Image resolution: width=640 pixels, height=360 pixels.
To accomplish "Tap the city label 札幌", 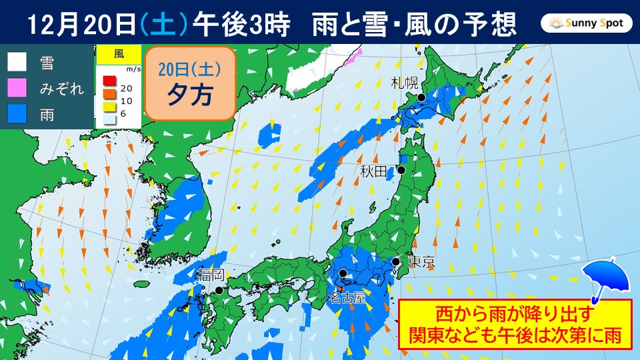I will (405, 83).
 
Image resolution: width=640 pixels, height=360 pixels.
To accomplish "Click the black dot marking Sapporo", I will (421, 97).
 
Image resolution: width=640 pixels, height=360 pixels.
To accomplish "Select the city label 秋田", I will (373, 172).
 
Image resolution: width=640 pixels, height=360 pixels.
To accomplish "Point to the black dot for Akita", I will (402, 171).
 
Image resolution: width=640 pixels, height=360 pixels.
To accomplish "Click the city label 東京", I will (421, 263).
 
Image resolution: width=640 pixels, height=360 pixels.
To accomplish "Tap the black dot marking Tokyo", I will (396, 261).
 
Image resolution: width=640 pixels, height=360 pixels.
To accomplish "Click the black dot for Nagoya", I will (343, 273).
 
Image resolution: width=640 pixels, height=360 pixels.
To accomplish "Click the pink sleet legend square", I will (17, 88).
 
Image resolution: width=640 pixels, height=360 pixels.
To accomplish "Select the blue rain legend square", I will (17, 114).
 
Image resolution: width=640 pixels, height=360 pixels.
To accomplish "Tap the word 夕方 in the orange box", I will (189, 94).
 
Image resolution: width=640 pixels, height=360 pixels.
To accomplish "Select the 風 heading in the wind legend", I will (118, 53).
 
